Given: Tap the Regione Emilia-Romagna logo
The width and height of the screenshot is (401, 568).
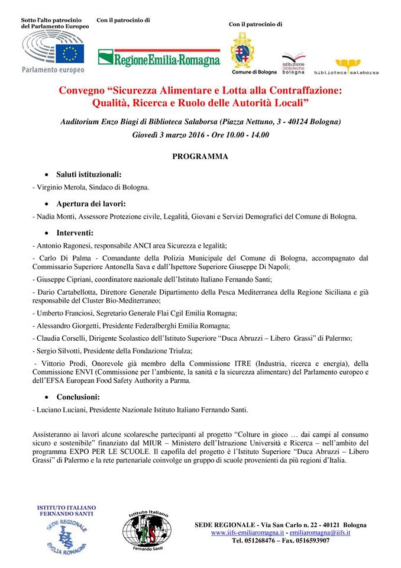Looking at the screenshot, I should (x=159, y=57).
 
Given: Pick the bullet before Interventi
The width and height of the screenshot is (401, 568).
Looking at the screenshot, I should (x=47, y=233).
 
